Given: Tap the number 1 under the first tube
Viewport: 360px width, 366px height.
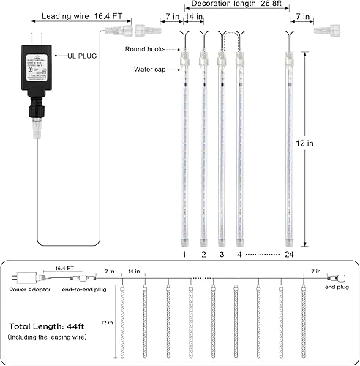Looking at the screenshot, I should coord(184,254).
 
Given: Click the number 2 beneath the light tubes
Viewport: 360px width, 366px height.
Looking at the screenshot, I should coord(203,254).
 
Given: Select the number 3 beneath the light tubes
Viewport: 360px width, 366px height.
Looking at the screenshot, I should coord(221,254).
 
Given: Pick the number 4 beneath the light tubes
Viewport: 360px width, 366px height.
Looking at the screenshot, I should coord(239,254).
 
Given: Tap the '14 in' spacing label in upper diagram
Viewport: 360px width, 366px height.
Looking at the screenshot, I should coord(193,15).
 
